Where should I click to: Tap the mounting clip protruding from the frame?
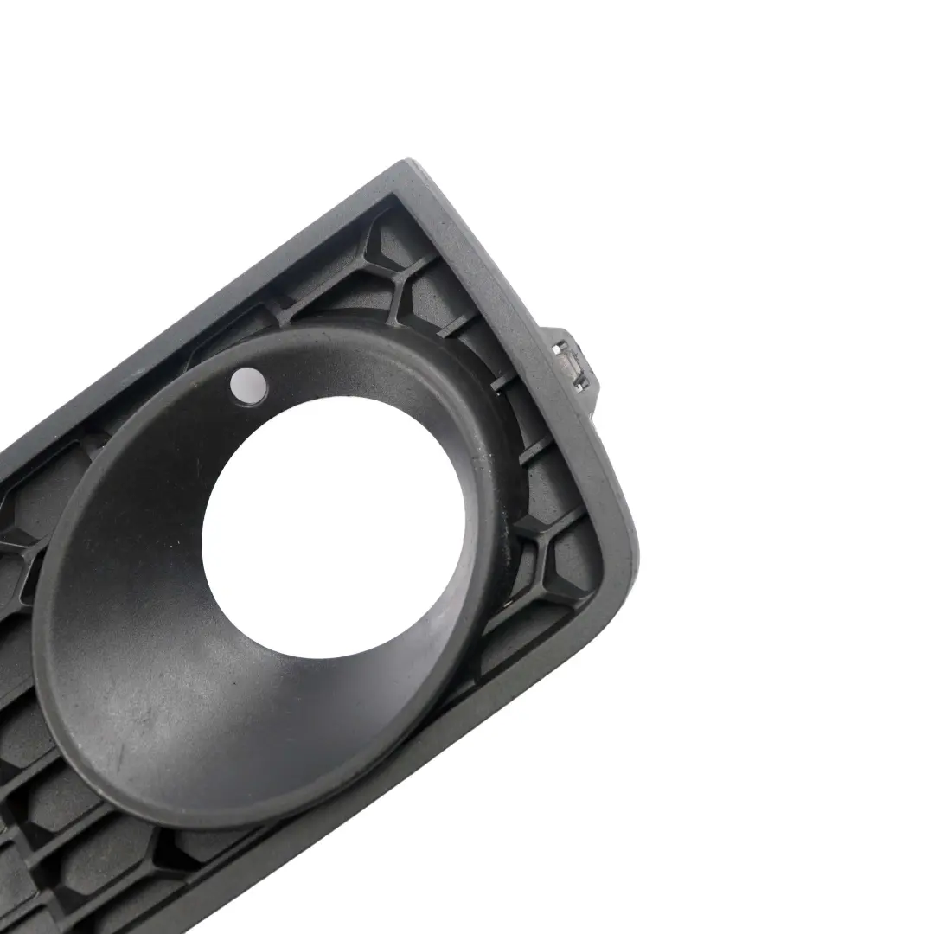coord(570,360)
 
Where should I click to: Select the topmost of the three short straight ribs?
coord(458,324)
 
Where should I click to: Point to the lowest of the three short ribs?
coord(536,450)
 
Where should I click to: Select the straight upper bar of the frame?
coord(216,294)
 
